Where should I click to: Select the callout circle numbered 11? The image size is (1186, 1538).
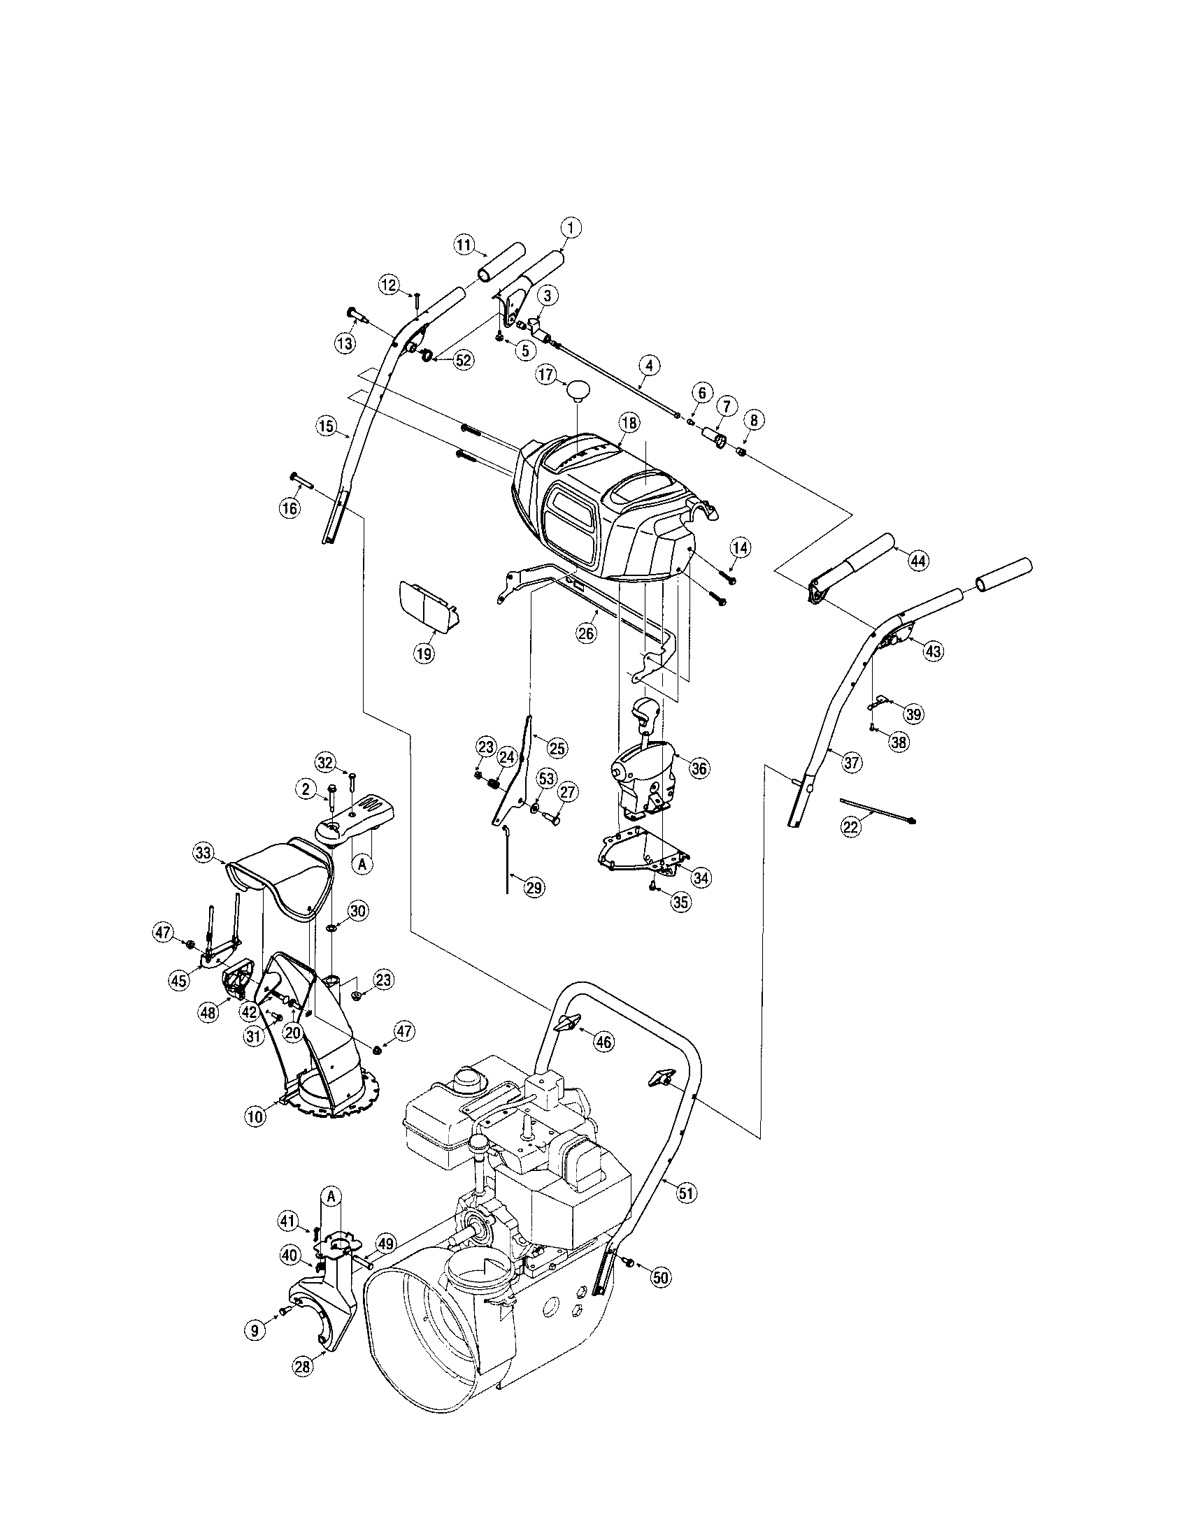pyautogui.click(x=463, y=245)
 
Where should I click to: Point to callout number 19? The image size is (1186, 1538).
pyautogui.click(x=423, y=653)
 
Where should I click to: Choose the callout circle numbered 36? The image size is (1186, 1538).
pyautogui.click(x=698, y=768)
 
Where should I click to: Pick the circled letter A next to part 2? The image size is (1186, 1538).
pyautogui.click(x=362, y=865)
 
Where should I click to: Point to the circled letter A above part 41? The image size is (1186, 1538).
pyautogui.click(x=331, y=1194)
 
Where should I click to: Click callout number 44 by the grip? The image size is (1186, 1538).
pyautogui.click(x=916, y=561)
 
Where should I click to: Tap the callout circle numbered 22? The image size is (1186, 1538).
pyautogui.click(x=851, y=827)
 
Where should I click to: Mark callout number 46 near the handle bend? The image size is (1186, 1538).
pyautogui.click(x=603, y=1042)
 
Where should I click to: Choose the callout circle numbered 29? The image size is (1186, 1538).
pyautogui.click(x=534, y=887)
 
